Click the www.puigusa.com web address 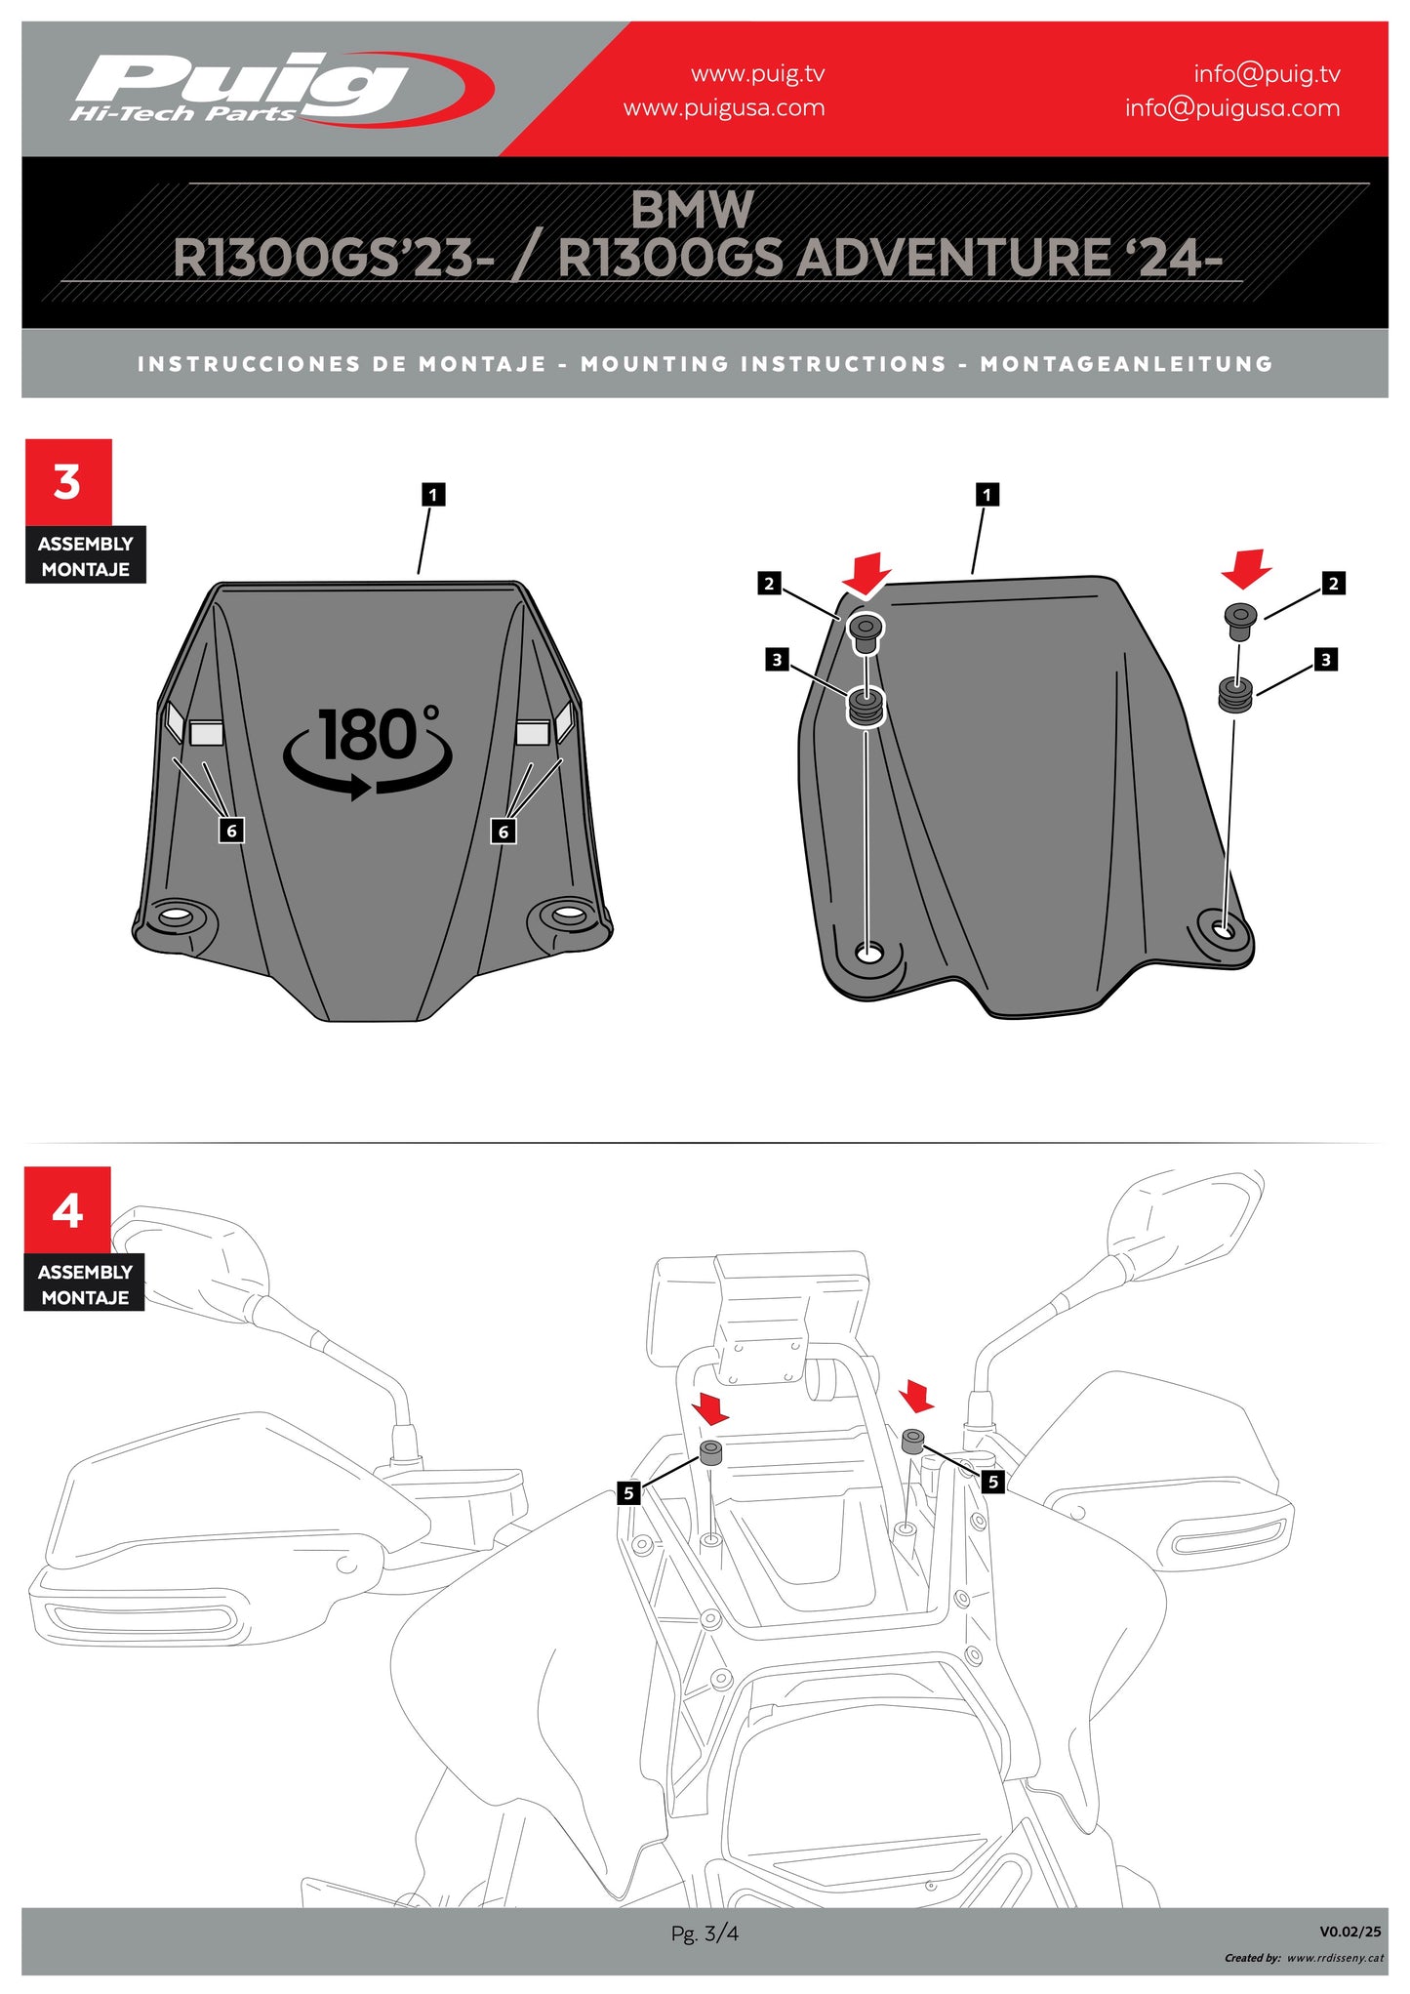[723, 107]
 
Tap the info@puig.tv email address [1266, 73]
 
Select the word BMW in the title [692, 210]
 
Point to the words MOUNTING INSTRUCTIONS [763, 364]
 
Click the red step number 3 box [67, 482]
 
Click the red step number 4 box [67, 1210]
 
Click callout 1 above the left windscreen [433, 495]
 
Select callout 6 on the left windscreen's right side [504, 832]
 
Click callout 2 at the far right [1333, 584]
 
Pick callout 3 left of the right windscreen [777, 660]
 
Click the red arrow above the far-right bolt [1245, 568]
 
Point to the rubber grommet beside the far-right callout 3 [1236, 695]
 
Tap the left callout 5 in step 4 [628, 1492]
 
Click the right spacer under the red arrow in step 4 [913, 1441]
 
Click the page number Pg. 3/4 [705, 1933]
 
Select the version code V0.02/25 [1350, 1931]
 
